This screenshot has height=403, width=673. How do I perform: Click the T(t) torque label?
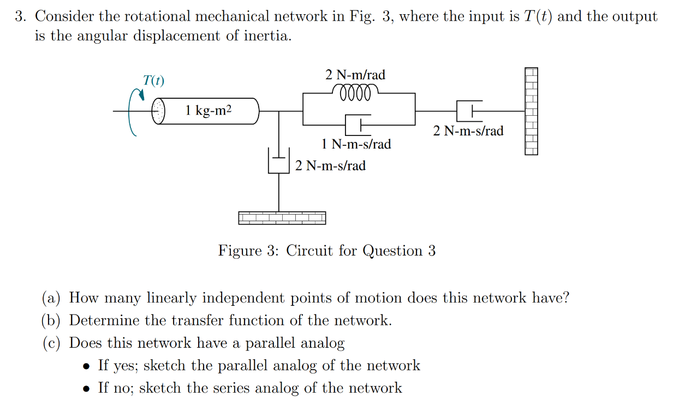coord(153,80)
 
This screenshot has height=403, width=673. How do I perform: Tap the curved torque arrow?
coord(134,111)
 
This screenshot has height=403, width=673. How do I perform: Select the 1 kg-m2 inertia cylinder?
coord(208,111)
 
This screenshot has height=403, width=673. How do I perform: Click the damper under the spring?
coord(358,125)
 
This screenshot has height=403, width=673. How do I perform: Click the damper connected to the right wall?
coord(469,111)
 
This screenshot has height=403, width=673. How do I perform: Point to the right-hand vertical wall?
coord(531,111)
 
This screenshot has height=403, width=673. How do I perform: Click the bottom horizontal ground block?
coord(282,218)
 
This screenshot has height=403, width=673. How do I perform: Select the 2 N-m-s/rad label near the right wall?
coord(468,131)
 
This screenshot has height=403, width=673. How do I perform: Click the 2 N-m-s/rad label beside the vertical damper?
coord(330,165)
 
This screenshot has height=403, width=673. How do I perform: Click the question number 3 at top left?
coord(21,16)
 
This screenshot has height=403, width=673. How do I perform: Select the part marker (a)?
coord(52,298)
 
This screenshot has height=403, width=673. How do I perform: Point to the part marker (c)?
coord(52,343)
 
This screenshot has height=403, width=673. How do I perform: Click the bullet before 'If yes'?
coord(87,366)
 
